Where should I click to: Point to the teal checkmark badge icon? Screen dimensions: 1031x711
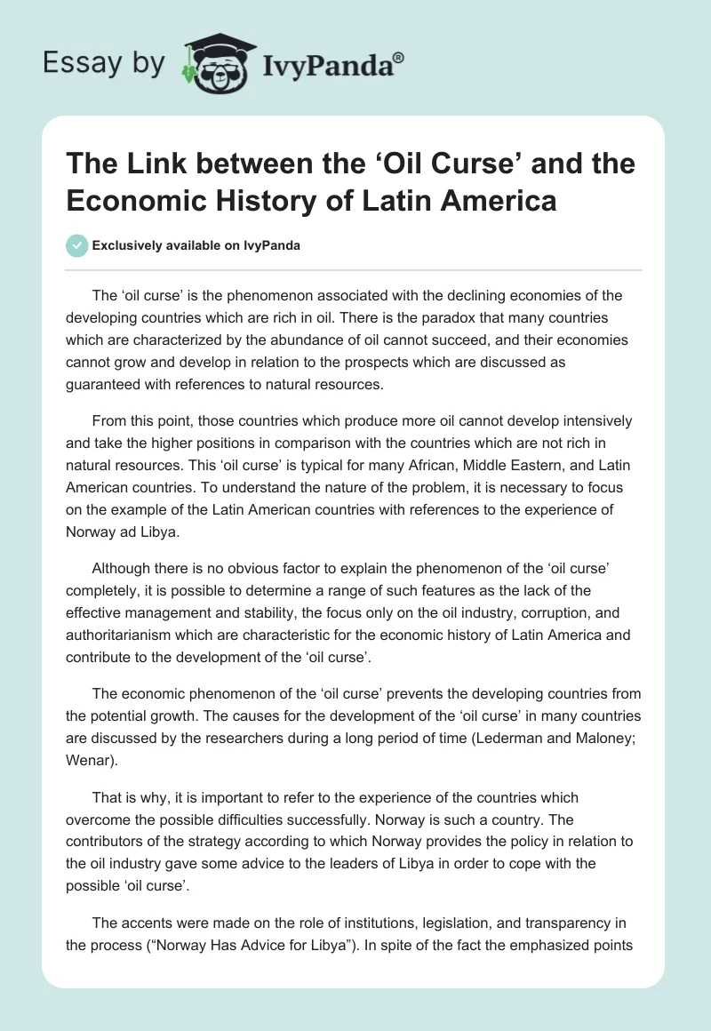(x=76, y=245)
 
